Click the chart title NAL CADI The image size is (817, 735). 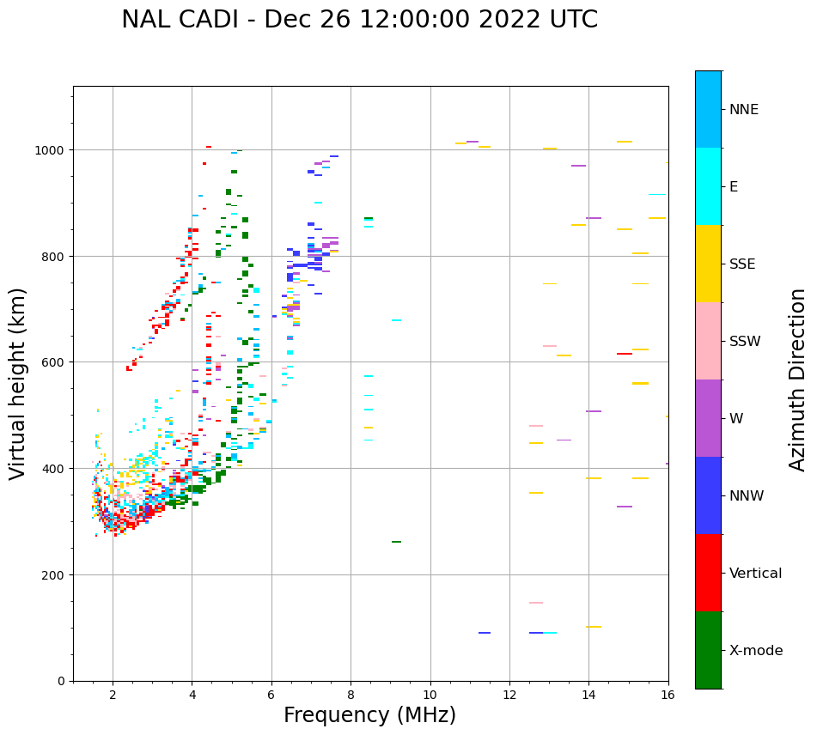pos(359,20)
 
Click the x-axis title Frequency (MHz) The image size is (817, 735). pos(369,715)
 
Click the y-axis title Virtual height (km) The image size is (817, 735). pos(19,384)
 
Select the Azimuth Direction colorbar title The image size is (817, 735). pos(798,380)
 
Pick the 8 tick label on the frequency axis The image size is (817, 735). pos(351,696)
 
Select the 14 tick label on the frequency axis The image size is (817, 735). pos(588,696)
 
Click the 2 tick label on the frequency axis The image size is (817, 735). pos(113,696)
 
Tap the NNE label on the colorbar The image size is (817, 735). pos(744,109)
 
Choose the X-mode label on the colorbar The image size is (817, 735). pos(756,650)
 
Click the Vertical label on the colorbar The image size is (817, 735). pos(756,573)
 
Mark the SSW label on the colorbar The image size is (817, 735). pos(745,341)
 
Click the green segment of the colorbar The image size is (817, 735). pos(708,650)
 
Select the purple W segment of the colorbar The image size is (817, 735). pos(708,418)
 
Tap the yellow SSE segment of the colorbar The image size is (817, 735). pos(708,264)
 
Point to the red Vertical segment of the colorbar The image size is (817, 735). pos(708,573)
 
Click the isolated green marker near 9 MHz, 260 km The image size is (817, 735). pos(396,542)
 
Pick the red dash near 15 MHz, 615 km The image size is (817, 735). pos(625,354)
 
